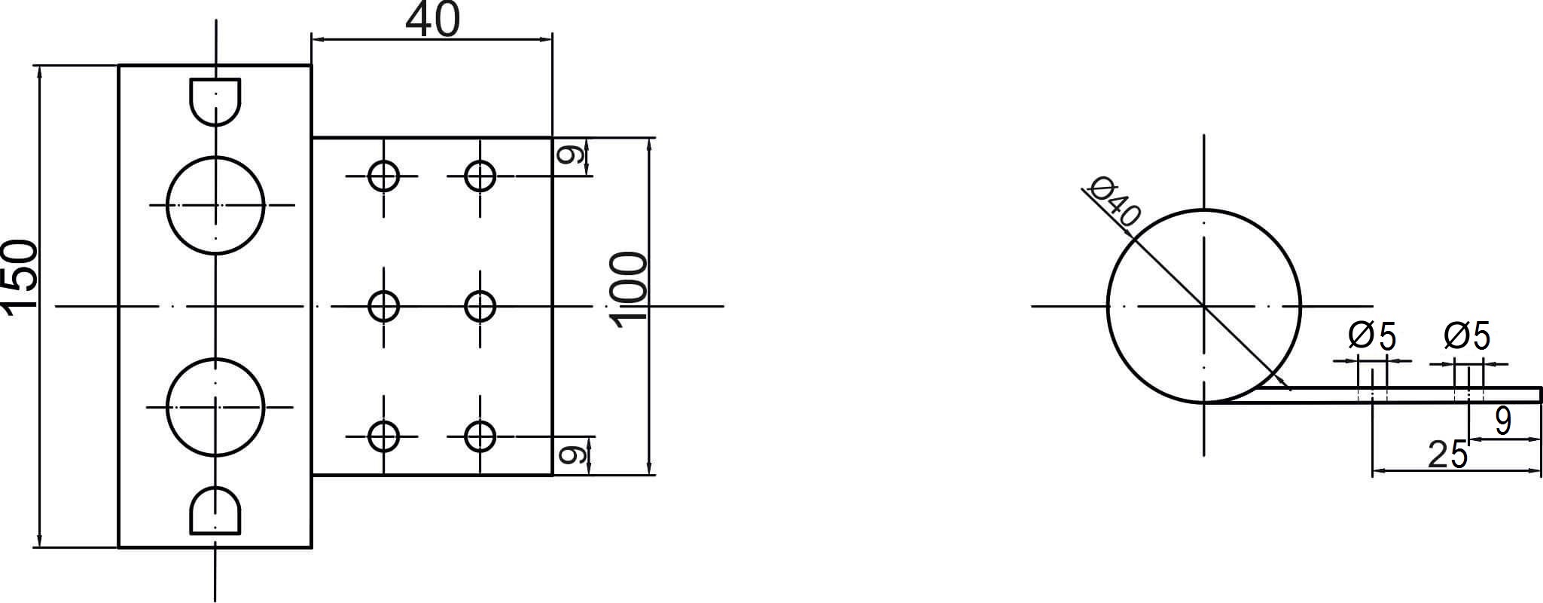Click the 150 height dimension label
point(20,274)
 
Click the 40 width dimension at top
point(432,20)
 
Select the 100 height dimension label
point(630,290)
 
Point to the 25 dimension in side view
point(1448,455)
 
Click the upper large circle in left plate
point(215,205)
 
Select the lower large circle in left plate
point(215,407)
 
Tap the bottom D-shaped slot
point(215,510)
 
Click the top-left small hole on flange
point(384,176)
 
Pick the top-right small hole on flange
point(480,176)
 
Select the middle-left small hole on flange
point(384,306)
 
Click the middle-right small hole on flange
point(480,306)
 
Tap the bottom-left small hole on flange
point(384,436)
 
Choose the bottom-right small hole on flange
point(480,436)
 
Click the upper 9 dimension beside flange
point(571,156)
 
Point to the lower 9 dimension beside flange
point(571,455)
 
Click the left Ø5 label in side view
point(1372,336)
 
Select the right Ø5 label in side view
point(1468,336)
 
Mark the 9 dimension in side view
point(1503,421)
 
